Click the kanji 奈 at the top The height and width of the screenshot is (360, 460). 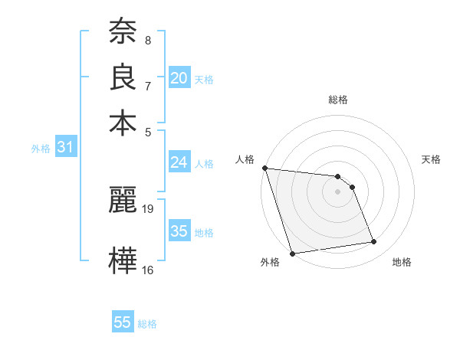pyautogui.click(x=123, y=31)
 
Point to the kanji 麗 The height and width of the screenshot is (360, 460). pyautogui.click(x=123, y=201)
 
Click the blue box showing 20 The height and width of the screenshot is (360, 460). pyautogui.click(x=179, y=77)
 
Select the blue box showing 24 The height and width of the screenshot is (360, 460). pyautogui.click(x=179, y=162)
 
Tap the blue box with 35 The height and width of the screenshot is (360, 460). pyautogui.click(x=179, y=231)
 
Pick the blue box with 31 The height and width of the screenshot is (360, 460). pyautogui.click(x=65, y=148)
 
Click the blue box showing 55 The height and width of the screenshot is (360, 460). pyautogui.click(x=123, y=322)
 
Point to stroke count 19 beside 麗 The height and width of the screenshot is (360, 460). pyautogui.click(x=149, y=208)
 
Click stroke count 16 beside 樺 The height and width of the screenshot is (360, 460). pyautogui.click(x=148, y=270)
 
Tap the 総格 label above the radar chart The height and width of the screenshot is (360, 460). pyautogui.click(x=338, y=100)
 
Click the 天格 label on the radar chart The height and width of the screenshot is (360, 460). pyautogui.click(x=432, y=159)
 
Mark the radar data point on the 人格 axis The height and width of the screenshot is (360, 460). pyautogui.click(x=264, y=168)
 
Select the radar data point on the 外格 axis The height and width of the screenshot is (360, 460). pyautogui.click(x=293, y=254)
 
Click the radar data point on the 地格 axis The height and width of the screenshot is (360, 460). pyautogui.click(x=374, y=242)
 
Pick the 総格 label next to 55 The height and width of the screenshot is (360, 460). pyautogui.click(x=147, y=324)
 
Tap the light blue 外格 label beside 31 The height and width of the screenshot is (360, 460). pyautogui.click(x=40, y=149)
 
